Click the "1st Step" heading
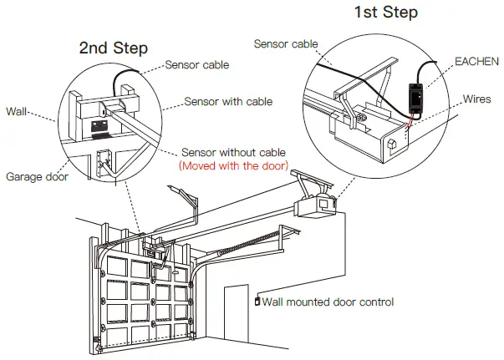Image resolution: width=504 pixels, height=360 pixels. (385, 13)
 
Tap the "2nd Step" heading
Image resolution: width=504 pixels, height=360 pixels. (113, 48)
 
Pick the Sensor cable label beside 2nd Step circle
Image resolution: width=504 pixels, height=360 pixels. (199, 63)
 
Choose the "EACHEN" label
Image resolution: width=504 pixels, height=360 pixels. (476, 62)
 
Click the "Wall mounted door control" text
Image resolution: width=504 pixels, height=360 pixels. (327, 302)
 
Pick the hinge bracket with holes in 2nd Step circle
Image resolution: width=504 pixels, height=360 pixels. (105, 163)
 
